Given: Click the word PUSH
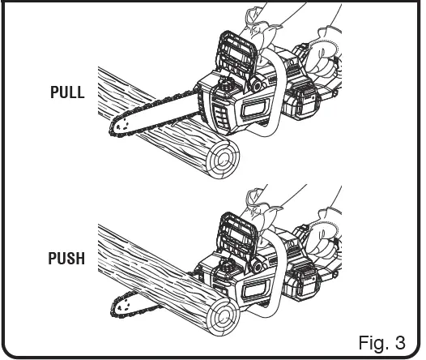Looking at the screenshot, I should [x=67, y=261].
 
